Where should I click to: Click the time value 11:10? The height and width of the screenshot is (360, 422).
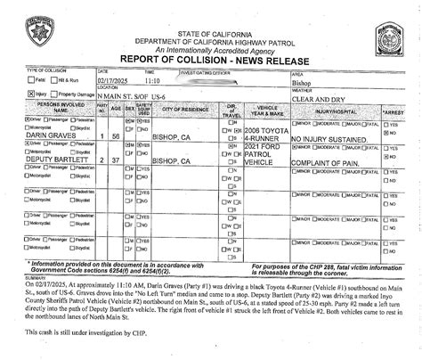pyautogui.click(x=155, y=79)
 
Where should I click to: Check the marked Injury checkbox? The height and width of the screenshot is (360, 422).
pyautogui.click(x=32, y=93)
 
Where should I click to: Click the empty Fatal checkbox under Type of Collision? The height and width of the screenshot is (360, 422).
pyautogui.click(x=32, y=81)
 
